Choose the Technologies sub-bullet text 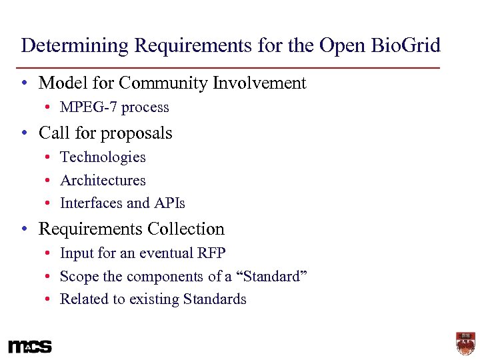[103, 157]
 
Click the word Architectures [103, 181]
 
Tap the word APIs [170, 203]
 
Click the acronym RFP [211, 253]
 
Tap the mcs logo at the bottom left [30, 347]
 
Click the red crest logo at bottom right [465, 343]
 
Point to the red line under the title [230, 68]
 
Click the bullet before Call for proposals [24, 134]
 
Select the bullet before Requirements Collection [24, 230]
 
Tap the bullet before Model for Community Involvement [24, 84]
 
